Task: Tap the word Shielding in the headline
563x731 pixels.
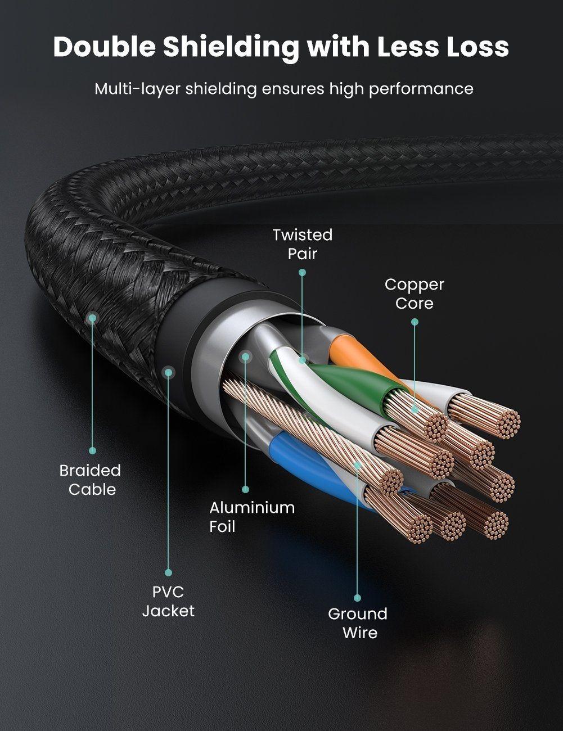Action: click(x=231, y=48)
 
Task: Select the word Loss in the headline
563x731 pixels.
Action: click(x=477, y=48)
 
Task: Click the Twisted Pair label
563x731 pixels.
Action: click(x=303, y=244)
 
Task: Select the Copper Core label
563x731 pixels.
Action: click(x=415, y=294)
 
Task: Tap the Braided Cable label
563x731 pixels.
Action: click(x=91, y=480)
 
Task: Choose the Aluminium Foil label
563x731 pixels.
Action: click(x=252, y=517)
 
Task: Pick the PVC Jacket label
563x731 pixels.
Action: click(x=168, y=601)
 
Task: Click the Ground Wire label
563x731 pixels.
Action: click(x=358, y=623)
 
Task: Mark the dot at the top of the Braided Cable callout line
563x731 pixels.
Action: click(x=93, y=318)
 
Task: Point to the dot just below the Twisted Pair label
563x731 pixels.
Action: click(x=302, y=272)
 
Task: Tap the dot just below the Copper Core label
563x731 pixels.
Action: click(x=415, y=322)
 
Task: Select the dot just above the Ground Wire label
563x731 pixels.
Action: click(x=358, y=598)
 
